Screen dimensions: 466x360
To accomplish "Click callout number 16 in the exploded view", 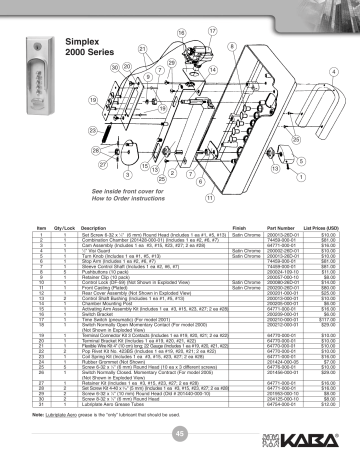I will tap(181, 38).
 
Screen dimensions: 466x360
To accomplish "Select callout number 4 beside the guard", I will tap(331, 73).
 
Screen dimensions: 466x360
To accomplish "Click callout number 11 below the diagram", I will tap(180, 198).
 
